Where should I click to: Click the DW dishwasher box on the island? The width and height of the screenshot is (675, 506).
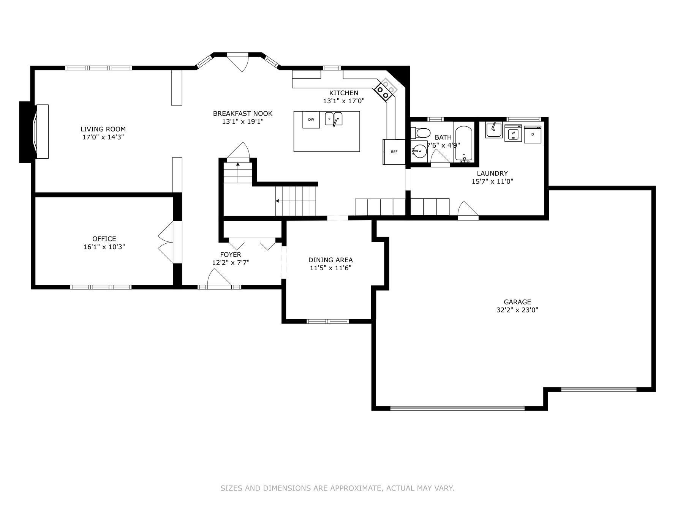[x=311, y=120]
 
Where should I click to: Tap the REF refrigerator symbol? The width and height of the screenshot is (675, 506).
[x=394, y=152]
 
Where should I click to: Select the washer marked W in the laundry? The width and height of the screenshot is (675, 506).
[x=513, y=133]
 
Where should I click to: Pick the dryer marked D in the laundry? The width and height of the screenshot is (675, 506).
[x=533, y=134]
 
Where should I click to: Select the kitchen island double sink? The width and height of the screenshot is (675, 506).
[x=334, y=119]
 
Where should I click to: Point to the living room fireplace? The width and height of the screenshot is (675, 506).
[x=34, y=132]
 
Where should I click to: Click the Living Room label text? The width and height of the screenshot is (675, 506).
[x=103, y=129]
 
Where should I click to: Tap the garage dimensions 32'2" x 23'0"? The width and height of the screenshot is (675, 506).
[x=517, y=310]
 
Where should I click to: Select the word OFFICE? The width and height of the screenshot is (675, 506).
[x=104, y=239]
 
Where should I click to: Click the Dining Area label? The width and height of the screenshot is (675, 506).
[x=330, y=260]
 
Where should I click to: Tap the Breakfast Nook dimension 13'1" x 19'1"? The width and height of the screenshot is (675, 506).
[x=243, y=121]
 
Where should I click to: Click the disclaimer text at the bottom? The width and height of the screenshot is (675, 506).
[x=337, y=488]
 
